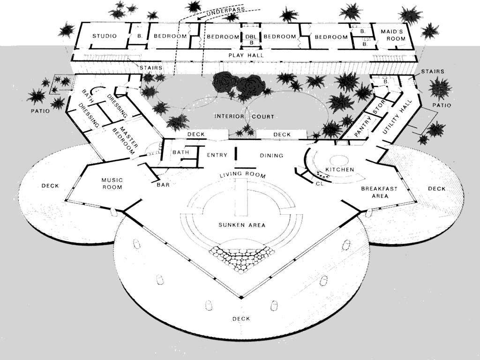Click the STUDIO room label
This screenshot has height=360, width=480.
[104, 36]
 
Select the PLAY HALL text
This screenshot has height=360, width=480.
[246, 55]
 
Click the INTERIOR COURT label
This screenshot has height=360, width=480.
[244, 116]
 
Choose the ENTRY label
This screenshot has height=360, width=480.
[217, 155]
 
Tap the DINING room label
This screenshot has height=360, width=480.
[271, 155]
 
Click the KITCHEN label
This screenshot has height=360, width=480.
[339, 169]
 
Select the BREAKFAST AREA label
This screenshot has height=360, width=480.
[379, 192]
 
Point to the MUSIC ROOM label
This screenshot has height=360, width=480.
[112, 183]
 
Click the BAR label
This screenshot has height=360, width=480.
[163, 185]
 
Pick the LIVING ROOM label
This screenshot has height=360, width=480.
[243, 175]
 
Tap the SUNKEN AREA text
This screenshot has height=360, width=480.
[242, 225]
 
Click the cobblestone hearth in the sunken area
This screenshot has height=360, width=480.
[241, 257]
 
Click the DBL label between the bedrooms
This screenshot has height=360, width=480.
[251, 37]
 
